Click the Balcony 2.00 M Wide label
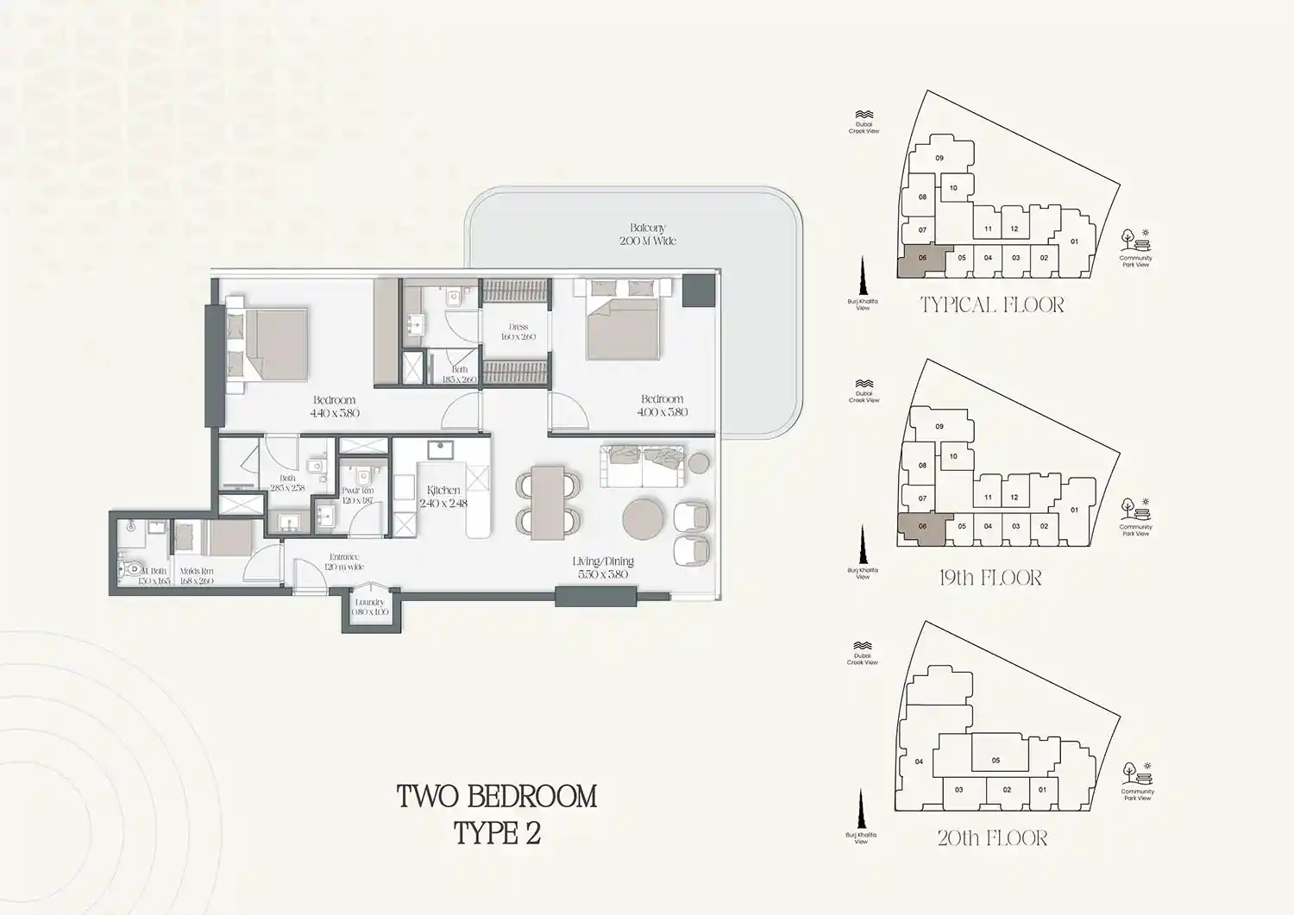tap(647, 235)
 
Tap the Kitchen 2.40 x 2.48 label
tap(443, 496)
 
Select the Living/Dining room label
tap(603, 567)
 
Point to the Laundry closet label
tap(370, 607)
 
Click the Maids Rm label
tap(197, 576)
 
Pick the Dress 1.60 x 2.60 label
tap(518, 332)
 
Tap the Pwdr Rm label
tap(357, 495)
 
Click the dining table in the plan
tap(547, 503)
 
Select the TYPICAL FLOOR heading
tap(992, 304)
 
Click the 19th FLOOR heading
tap(990, 578)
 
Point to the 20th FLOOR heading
tap(992, 838)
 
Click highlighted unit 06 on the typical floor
tap(921, 260)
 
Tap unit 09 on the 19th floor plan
tap(939, 426)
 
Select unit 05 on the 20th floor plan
tap(996, 760)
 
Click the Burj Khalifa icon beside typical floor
tap(862, 278)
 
